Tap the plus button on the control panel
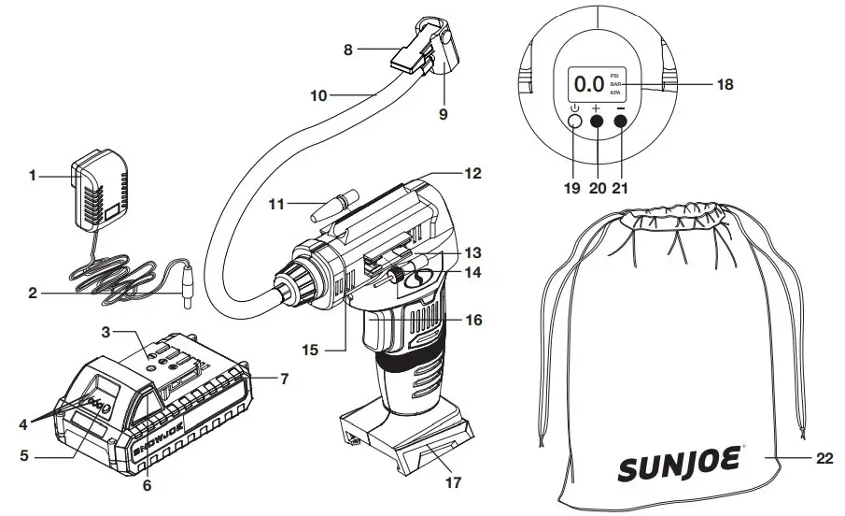pos(596,122)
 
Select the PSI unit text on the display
pos(614,74)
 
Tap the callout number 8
pos(348,50)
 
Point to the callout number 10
pos(319,94)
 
